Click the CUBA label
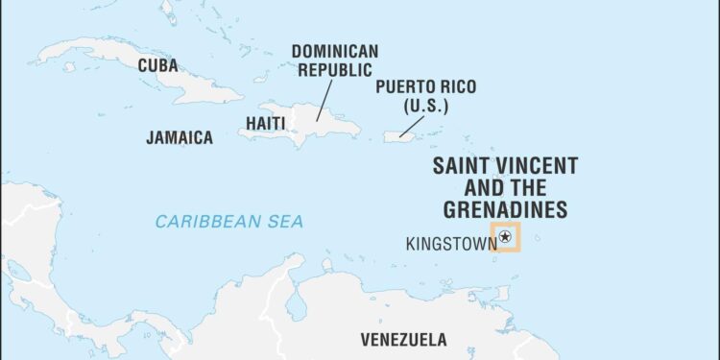coord(157,65)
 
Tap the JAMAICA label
coord(180,137)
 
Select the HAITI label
coord(265,123)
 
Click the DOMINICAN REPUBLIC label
coord(335,60)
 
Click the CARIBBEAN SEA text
coord(229,222)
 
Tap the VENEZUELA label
coord(403,339)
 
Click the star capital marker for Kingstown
coord(505,236)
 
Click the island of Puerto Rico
coord(397,136)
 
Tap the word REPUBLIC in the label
coord(335,70)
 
